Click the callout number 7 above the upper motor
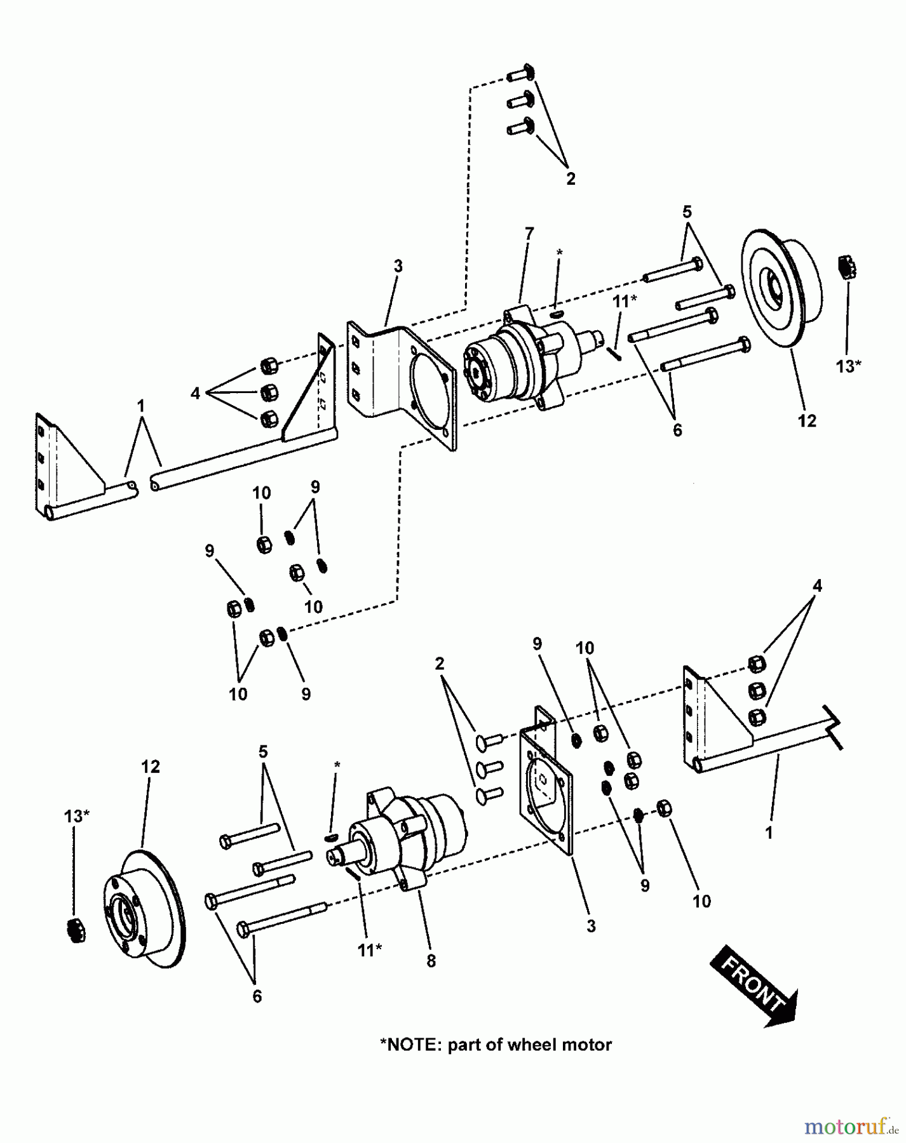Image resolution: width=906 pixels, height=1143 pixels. coord(529,233)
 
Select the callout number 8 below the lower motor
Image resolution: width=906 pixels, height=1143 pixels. coord(431,961)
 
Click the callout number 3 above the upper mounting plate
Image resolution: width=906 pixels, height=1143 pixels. coord(398,265)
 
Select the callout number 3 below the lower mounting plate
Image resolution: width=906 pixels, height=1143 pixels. coord(591,926)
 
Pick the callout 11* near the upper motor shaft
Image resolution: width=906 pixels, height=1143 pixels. coord(625,302)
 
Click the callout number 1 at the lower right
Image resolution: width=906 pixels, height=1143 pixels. coord(769,832)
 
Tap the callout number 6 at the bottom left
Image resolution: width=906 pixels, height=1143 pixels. coord(257,996)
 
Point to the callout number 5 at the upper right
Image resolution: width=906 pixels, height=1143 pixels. coord(687,211)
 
